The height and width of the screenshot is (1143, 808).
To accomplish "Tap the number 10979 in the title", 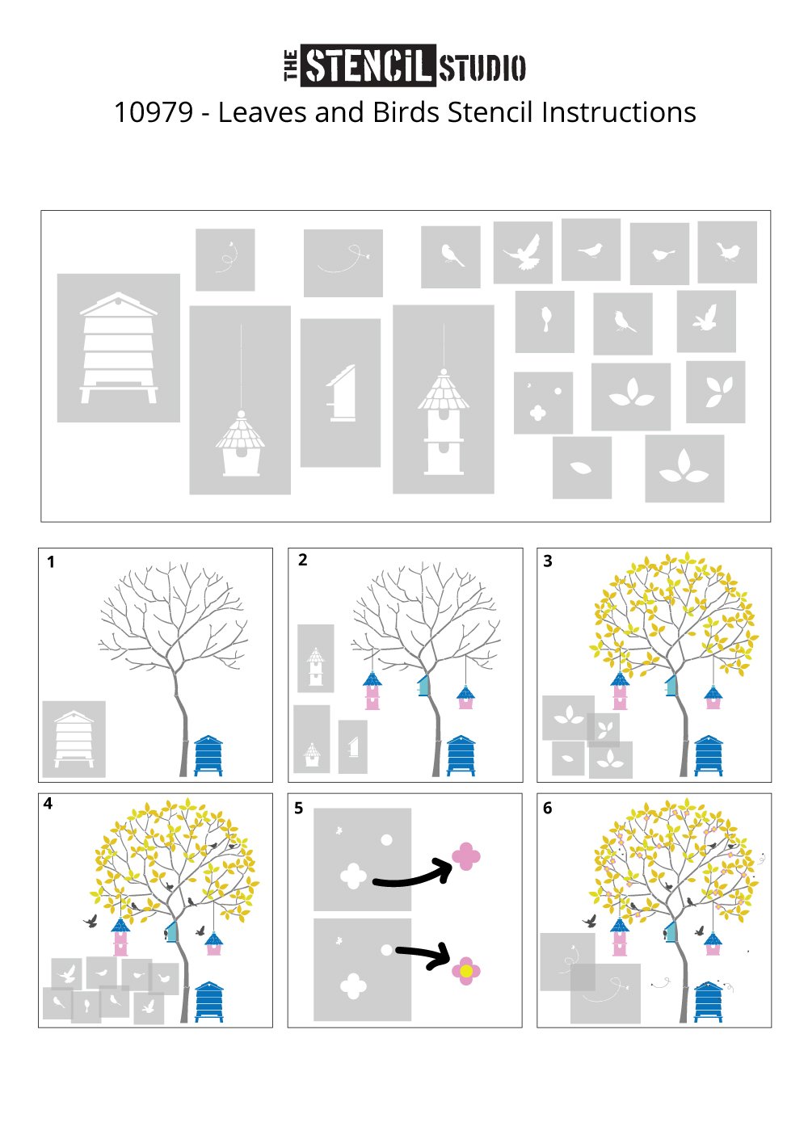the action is [154, 112].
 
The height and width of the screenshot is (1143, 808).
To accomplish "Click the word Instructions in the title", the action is [619, 112].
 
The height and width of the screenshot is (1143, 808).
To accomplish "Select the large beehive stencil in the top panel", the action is [119, 348].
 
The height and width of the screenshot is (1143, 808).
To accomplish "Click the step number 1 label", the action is [51, 562].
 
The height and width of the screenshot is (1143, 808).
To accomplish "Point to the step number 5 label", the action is [299, 809].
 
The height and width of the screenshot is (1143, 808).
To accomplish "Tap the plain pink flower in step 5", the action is [466, 856].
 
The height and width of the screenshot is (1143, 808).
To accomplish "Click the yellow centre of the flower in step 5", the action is [466, 971].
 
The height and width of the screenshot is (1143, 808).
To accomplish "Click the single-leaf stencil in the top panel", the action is [582, 468].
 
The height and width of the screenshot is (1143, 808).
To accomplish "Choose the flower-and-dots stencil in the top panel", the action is [543, 403].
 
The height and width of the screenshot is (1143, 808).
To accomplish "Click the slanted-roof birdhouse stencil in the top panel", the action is [340, 393].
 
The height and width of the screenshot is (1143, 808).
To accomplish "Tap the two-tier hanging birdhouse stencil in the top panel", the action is [444, 400].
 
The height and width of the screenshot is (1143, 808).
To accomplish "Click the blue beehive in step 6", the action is [708, 1002].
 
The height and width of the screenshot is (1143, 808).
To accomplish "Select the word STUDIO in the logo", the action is [482, 68].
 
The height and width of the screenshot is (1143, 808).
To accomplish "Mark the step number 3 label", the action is [548, 561].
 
